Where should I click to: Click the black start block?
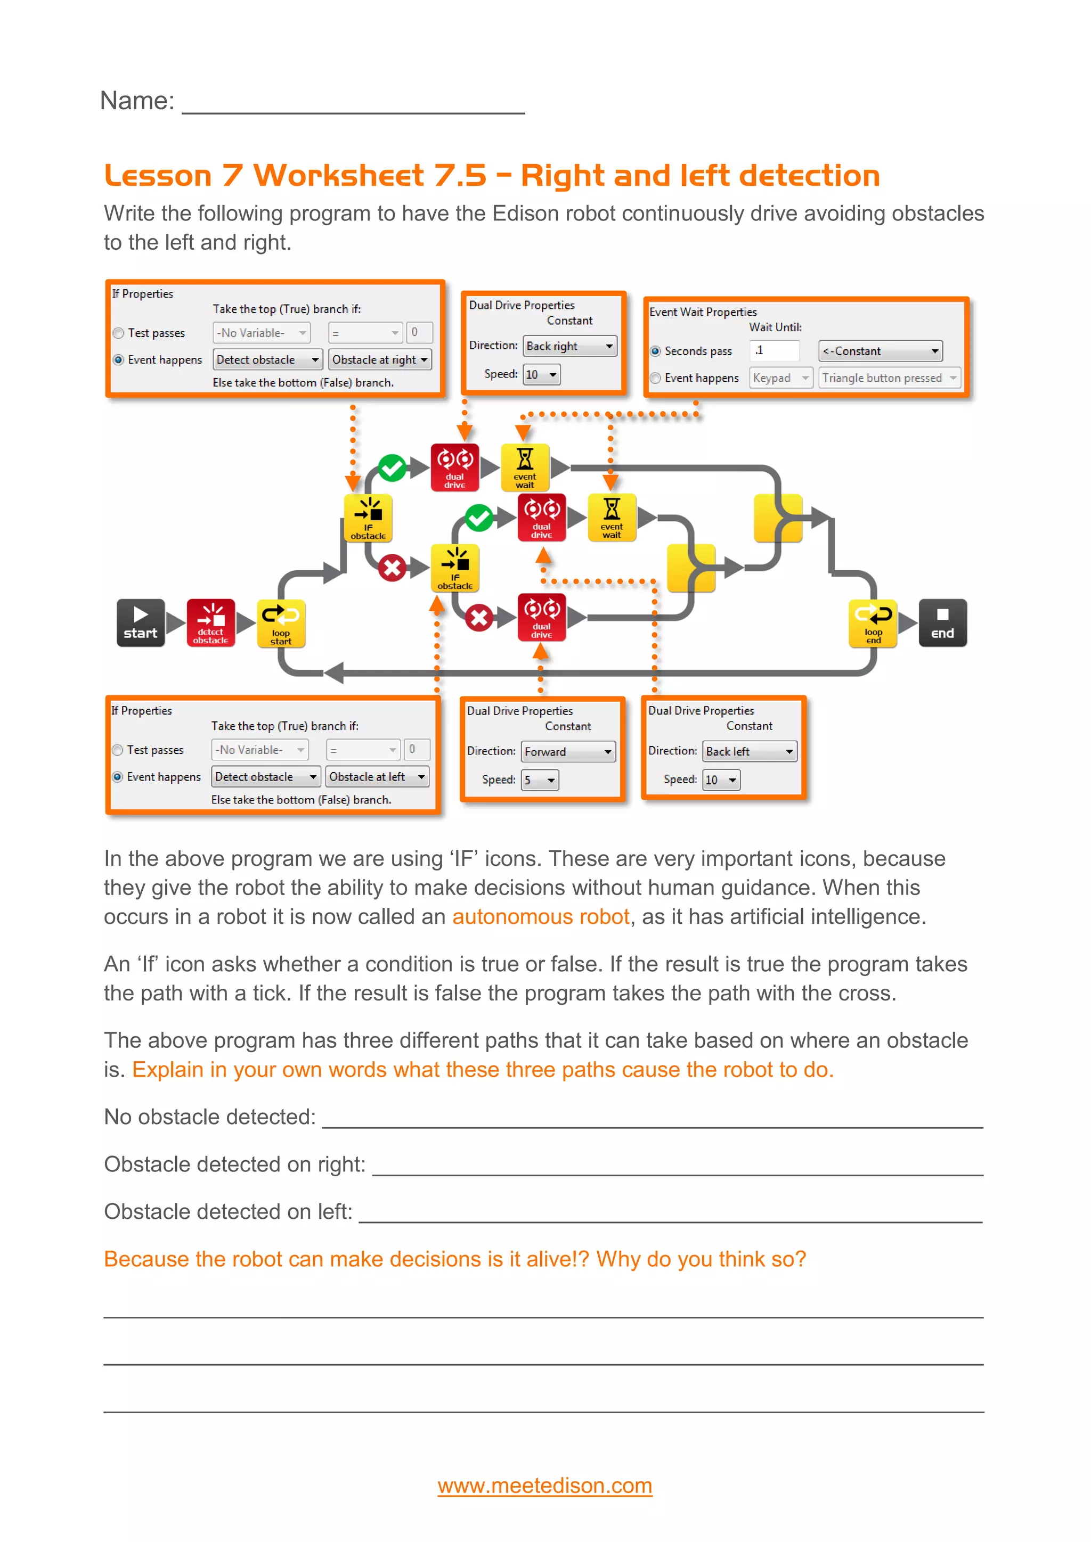[x=141, y=622]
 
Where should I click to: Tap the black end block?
[x=942, y=622]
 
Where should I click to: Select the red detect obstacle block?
[x=210, y=622]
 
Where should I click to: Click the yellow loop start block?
[x=281, y=622]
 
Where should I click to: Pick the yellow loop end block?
[x=873, y=622]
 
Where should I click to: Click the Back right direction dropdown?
[x=569, y=346]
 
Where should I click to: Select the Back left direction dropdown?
[x=749, y=751]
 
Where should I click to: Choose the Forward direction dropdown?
[x=568, y=751]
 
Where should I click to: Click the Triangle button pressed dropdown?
[x=889, y=378]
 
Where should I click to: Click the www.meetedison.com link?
[x=545, y=1485]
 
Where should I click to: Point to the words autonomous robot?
[x=540, y=917]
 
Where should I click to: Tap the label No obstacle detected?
[x=209, y=1117]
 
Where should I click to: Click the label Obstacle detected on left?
[x=228, y=1211]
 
